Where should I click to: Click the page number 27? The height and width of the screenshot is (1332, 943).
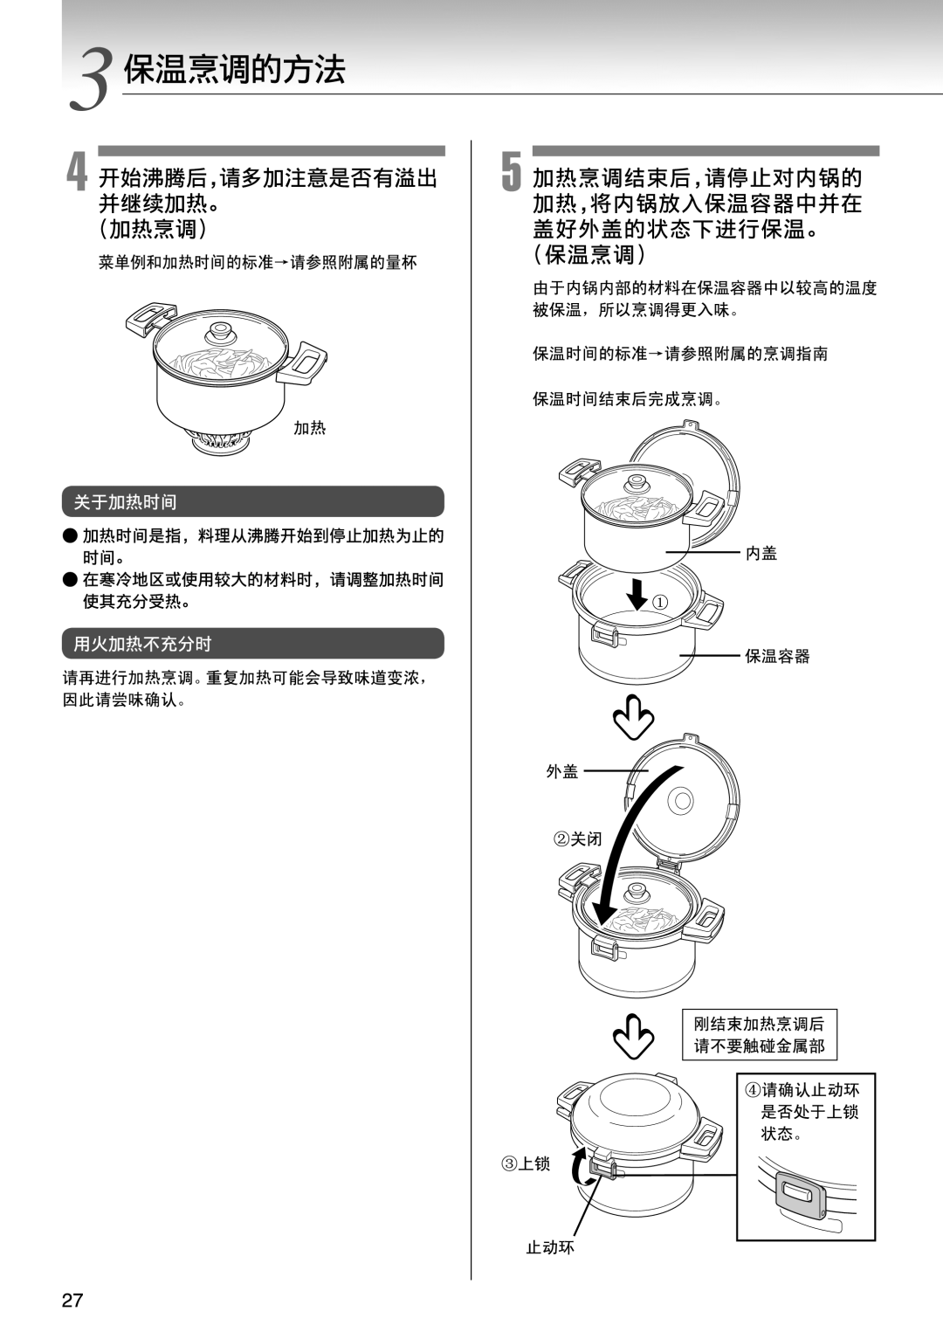coord(72,1301)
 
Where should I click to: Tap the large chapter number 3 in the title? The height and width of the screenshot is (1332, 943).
coord(93,79)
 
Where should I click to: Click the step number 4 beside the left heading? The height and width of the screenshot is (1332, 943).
coord(78,170)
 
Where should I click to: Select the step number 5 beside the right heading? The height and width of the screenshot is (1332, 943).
coord(512,170)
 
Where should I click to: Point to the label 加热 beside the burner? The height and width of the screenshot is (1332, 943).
coord(309,428)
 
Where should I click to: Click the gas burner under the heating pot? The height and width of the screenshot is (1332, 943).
coord(221,440)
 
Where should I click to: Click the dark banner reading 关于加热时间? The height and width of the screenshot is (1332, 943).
coord(253,501)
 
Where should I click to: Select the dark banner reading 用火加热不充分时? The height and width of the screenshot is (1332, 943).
coord(253,644)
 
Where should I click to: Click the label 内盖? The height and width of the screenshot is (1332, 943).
coord(761,553)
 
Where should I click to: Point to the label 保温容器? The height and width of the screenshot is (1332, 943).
coord(777,656)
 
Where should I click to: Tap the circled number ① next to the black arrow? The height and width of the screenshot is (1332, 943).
coord(661,602)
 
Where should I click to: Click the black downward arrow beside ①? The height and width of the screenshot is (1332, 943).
coord(637,592)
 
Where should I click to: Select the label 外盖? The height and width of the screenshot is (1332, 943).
coord(562,771)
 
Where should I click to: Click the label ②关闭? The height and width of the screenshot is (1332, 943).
coord(577,839)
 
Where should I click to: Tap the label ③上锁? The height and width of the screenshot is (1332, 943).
coord(526,1163)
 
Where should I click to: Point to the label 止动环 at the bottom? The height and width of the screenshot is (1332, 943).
coord(550,1247)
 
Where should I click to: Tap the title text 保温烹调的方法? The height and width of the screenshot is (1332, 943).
coord(235,70)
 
